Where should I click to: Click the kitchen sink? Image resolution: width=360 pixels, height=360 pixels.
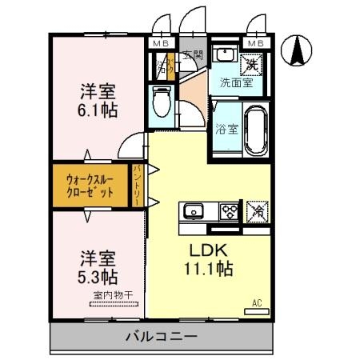pos(193,212)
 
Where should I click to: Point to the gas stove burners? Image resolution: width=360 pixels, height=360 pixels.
pos(230,212)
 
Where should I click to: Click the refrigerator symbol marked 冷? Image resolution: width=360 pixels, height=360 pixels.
pos(258,211)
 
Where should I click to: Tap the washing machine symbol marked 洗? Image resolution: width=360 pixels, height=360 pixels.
pos(250,62)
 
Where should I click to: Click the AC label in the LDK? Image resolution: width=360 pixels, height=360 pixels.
pos(258,302)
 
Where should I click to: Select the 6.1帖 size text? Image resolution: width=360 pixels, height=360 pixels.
pos(98,110)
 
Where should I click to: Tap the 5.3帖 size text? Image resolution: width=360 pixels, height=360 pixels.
pos(98,277)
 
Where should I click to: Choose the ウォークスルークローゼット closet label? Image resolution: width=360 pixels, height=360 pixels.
pos(90,186)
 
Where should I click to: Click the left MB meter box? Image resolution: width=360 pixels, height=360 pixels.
pos(160,42)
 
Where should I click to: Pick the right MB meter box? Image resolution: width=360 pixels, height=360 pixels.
pos(257,42)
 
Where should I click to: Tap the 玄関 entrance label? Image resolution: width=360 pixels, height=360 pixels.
pos(192,55)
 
